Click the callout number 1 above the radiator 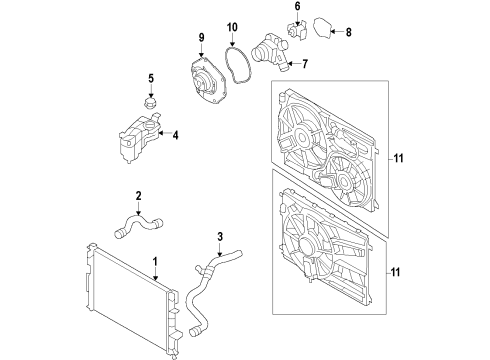(155, 262)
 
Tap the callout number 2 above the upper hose (138, 196)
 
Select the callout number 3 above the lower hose (220, 237)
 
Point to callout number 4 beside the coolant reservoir (175, 135)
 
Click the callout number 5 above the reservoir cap (151, 79)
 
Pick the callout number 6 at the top (297, 6)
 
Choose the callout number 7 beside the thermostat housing (305, 64)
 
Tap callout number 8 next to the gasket (348, 32)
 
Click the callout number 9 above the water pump (201, 37)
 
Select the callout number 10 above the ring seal (232, 27)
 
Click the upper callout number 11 (398, 158)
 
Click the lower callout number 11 (395, 272)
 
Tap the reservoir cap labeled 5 (150, 102)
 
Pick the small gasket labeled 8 (322, 27)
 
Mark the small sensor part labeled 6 (296, 29)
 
